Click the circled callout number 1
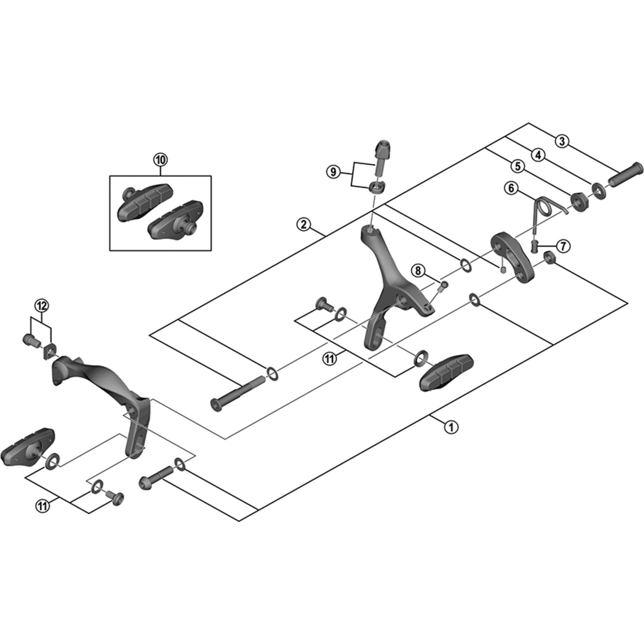coord(451,427)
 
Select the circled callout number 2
coord(304,224)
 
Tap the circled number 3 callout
coord(562,141)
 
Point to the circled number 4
coord(539,155)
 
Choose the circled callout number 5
coord(518,166)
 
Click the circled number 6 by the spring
coord(511,188)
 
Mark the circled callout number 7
coord(563,246)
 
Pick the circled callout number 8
coord(418,270)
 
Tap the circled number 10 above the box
coord(160,160)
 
